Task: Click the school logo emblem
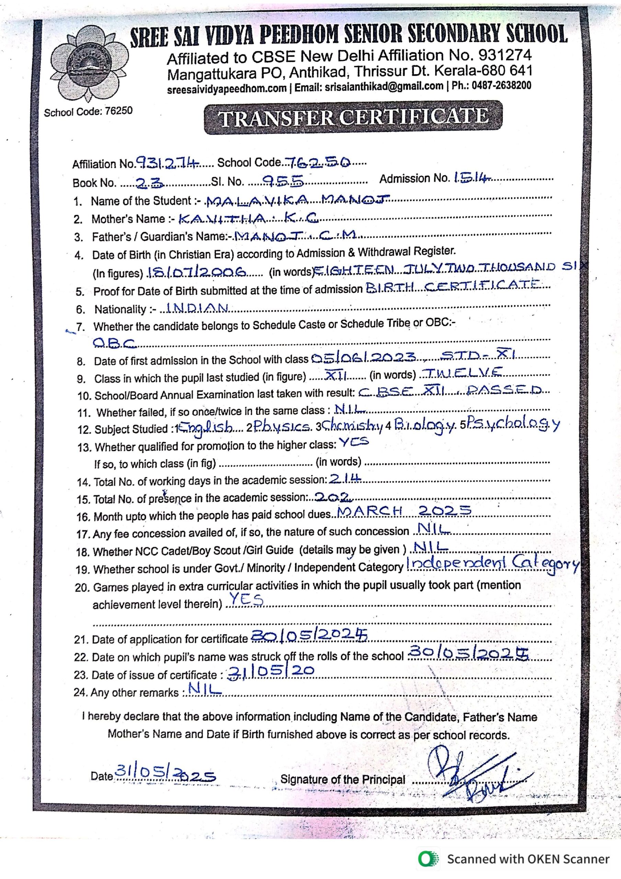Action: (x=89, y=64)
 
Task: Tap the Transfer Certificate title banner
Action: (x=353, y=117)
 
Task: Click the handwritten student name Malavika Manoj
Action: (x=297, y=199)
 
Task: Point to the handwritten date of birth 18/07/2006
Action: (x=197, y=272)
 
